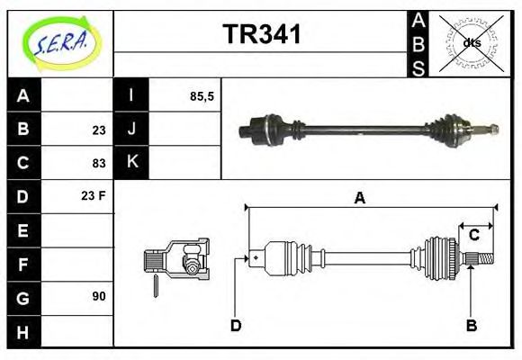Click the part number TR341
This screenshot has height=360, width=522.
click(262, 35)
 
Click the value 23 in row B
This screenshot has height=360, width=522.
click(99, 130)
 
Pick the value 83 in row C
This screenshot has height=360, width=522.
click(99, 163)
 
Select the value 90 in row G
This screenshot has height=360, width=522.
click(99, 296)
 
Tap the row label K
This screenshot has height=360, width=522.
click(131, 163)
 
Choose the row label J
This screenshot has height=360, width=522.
click(131, 130)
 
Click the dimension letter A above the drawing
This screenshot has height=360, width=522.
click(360, 199)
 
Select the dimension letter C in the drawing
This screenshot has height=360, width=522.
click(473, 236)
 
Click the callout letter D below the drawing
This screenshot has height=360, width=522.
click(236, 325)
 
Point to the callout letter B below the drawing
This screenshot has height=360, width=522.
click(471, 325)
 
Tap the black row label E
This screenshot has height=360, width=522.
click(24, 230)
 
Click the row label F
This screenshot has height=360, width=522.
click(24, 264)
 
